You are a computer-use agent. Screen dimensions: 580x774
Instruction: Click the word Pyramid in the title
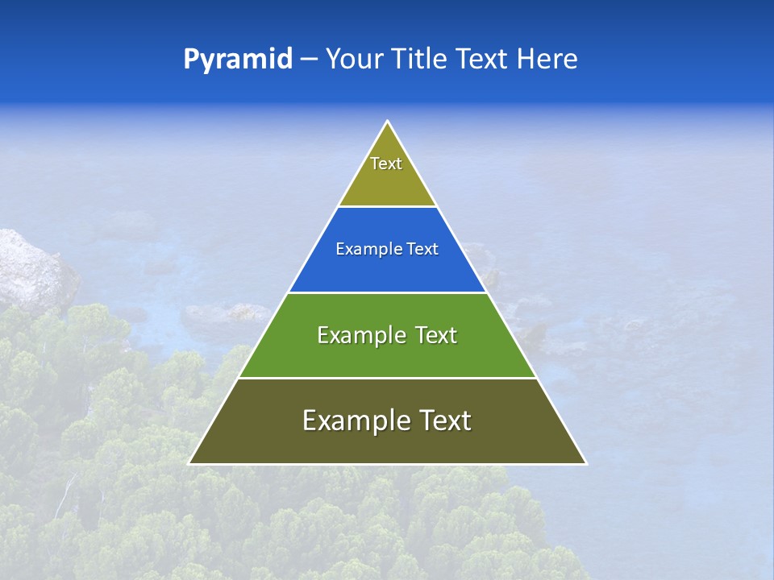[237, 60]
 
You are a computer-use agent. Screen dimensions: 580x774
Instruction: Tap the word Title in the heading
[423, 59]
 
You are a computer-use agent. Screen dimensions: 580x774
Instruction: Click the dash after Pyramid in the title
[309, 60]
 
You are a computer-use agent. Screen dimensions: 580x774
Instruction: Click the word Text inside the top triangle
[386, 164]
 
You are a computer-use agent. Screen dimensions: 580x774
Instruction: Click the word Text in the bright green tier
[435, 335]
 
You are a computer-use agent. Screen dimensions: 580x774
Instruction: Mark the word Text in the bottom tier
[445, 420]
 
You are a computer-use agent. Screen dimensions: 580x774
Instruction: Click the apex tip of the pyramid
[388, 122]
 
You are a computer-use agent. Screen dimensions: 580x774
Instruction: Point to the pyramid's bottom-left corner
[190, 463]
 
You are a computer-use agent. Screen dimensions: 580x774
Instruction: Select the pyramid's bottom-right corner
[585, 463]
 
